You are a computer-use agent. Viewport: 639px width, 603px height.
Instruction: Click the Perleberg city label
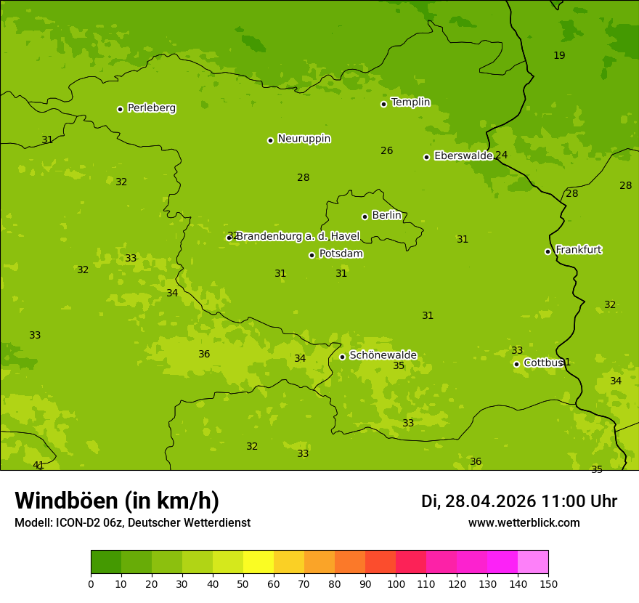coord(152,108)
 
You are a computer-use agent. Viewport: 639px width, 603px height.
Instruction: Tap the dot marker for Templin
coord(383,104)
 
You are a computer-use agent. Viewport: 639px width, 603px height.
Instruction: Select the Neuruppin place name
coord(304,138)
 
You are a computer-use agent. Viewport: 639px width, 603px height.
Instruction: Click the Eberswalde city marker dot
coord(426,157)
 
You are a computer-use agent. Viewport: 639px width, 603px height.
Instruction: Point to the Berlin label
coord(386,215)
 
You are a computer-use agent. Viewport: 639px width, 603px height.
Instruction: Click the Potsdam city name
coord(341,254)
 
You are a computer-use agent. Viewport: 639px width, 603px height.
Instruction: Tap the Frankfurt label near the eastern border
coord(579,249)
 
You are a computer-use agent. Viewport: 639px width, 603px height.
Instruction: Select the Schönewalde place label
coord(383,355)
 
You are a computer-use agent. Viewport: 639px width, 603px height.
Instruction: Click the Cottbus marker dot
coord(516,364)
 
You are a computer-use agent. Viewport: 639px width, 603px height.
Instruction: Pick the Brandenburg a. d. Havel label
coord(298,236)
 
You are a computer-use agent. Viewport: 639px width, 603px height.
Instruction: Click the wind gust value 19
coord(559,55)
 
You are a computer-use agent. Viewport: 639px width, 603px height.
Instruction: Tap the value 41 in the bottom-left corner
coord(38,465)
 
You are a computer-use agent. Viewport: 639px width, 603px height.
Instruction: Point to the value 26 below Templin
coord(387,150)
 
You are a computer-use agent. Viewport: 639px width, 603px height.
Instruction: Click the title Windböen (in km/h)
coord(117,501)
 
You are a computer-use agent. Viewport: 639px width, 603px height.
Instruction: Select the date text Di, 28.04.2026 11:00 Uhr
coord(519,501)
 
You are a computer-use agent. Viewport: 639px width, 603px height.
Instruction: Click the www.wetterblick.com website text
coord(524,522)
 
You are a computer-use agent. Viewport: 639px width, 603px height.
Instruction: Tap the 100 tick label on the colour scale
coord(396,583)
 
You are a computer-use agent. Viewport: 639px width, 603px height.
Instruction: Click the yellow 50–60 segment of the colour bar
coord(259,562)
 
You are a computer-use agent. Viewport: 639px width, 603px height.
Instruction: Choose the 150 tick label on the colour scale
coord(548,583)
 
